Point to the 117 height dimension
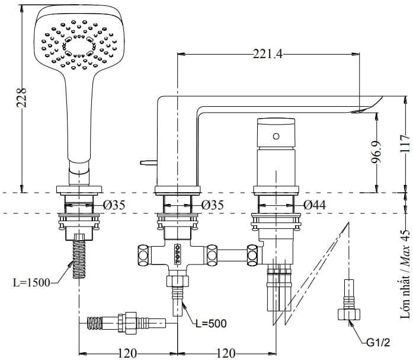click(405, 144)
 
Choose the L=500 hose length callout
click(211, 323)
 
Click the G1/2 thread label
click(378, 342)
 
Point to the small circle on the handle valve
click(276, 136)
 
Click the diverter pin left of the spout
click(147, 161)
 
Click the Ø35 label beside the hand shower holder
click(113, 205)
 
